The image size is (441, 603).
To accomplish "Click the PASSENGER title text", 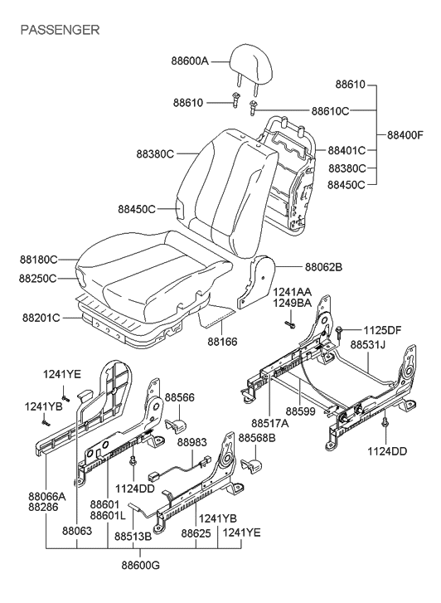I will pos(59,30).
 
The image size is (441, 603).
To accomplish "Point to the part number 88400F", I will pos(405,134).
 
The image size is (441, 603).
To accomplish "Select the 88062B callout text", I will pos(324,267).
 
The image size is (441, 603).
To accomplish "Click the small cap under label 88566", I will pos(176,426).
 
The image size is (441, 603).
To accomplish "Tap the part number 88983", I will pos(191,443).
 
